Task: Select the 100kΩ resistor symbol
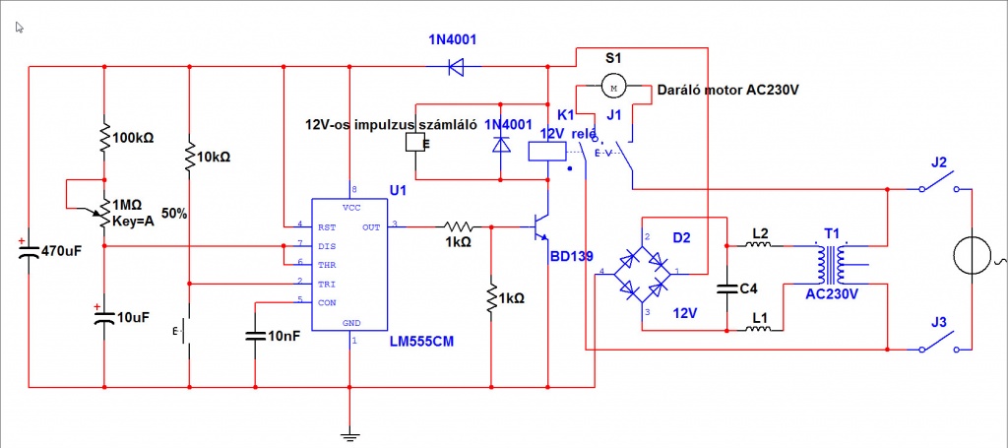tap(103, 139)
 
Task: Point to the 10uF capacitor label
tap(133, 318)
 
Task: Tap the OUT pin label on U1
tap(371, 226)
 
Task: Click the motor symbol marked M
tap(613, 88)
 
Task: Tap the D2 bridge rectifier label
tap(681, 237)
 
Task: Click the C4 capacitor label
tap(748, 288)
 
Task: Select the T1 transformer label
tap(832, 234)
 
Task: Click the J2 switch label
tap(938, 162)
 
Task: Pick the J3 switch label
tap(938, 321)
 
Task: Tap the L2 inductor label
tap(759, 233)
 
